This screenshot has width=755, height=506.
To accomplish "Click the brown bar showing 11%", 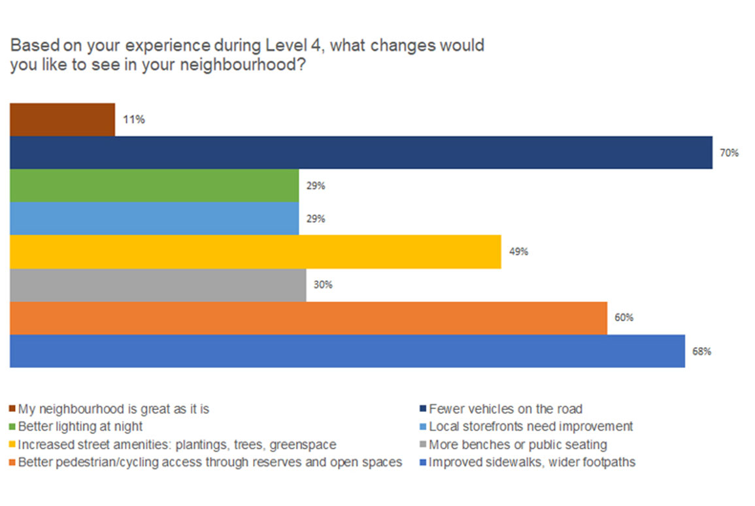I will coord(62,120).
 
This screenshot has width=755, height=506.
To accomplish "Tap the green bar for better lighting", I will coord(154,186).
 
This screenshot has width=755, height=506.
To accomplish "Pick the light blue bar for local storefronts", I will coord(154,219).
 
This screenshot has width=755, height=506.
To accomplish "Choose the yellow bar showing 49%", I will coord(255,252).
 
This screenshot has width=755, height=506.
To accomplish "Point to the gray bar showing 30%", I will coord(158,285).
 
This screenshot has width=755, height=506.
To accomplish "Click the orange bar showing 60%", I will coord(308,318).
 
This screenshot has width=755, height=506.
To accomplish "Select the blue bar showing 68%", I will coord(347,351).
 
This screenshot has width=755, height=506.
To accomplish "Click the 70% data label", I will coord(730,153).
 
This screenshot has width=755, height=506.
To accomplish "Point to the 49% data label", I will coord(519,252).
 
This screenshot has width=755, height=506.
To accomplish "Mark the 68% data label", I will coord(702,351).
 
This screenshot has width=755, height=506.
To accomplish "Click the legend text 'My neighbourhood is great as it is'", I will coord(114,409).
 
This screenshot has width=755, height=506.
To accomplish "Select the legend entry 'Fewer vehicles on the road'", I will coord(505,409).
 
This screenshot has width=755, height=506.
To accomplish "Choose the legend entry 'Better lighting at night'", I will coord(80,427).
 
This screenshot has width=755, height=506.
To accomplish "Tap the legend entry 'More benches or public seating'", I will coord(518,445).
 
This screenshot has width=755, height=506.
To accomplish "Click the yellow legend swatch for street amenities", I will coord(13,445).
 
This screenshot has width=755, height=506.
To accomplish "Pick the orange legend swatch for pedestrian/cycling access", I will coord(13,463).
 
